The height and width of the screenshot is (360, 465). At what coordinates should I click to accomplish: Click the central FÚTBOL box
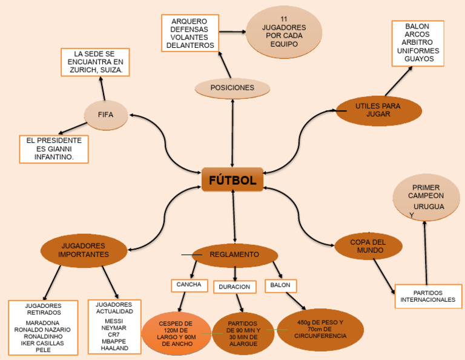(x=232, y=180)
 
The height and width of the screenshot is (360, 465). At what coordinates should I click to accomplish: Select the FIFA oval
(x=105, y=114)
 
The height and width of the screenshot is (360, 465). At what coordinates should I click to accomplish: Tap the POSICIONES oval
(x=232, y=88)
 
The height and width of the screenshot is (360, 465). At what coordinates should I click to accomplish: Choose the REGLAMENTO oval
(x=234, y=255)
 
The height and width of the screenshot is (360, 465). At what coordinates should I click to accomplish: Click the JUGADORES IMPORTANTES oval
(x=84, y=250)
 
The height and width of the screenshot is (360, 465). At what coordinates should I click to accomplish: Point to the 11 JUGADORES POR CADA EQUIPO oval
(x=284, y=32)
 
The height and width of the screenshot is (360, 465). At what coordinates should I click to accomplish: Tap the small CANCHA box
(x=189, y=284)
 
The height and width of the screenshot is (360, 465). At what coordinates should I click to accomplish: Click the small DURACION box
(x=234, y=287)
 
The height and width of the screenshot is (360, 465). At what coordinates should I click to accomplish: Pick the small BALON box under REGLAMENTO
(x=280, y=284)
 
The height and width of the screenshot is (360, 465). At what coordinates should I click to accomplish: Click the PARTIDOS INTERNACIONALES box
(x=427, y=296)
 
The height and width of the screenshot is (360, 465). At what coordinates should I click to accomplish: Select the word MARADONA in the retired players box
(x=43, y=322)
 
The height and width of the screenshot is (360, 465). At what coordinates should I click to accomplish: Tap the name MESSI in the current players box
(x=114, y=321)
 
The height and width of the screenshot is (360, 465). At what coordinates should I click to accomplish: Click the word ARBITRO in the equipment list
(x=418, y=42)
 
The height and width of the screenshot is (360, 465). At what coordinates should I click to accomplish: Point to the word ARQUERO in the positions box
(x=189, y=21)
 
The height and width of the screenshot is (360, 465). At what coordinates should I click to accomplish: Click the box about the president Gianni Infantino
(x=54, y=148)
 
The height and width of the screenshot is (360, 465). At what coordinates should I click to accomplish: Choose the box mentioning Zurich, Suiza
(x=95, y=62)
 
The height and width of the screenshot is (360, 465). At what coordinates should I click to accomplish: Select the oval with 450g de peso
(x=320, y=329)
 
